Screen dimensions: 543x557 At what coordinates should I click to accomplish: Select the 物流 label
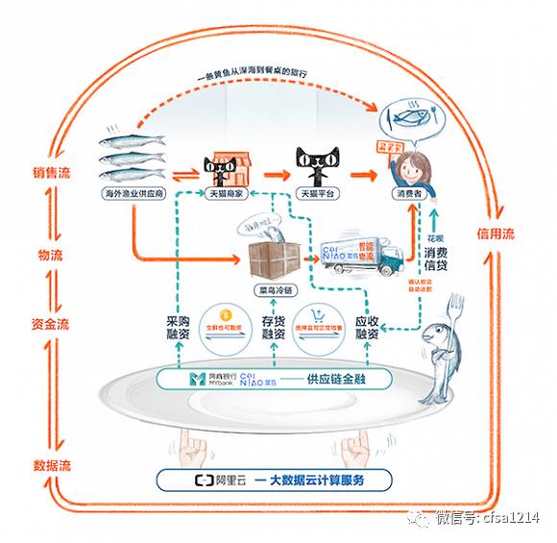[50, 256]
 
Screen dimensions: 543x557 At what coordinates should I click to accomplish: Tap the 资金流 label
[50, 325]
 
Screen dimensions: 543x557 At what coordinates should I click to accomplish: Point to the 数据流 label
[50, 465]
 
